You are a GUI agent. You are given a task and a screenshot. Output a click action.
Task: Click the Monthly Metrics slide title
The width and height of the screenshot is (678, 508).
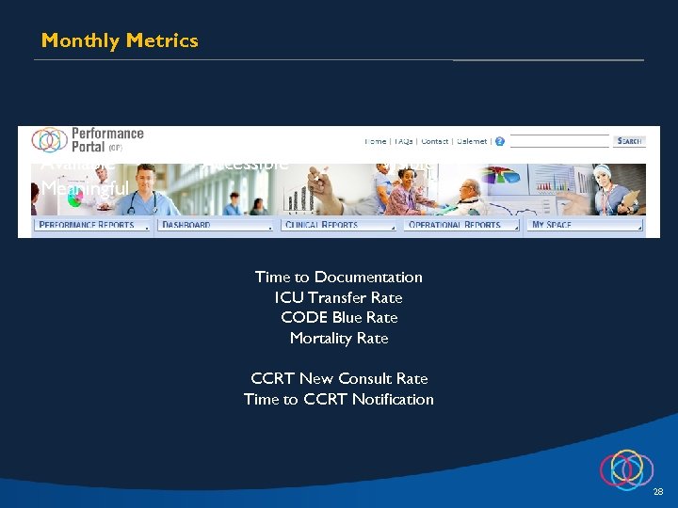point(120,40)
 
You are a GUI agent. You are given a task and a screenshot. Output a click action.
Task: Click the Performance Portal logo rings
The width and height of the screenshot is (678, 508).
point(49,140)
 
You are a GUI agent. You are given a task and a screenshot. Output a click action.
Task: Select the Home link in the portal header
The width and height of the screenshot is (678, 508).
point(375,141)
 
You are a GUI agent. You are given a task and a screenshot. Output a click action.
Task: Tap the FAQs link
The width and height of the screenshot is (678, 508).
point(403,141)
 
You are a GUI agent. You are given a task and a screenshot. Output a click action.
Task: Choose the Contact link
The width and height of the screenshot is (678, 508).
point(434,141)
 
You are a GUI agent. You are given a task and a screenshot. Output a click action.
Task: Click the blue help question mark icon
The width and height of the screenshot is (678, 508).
point(499,141)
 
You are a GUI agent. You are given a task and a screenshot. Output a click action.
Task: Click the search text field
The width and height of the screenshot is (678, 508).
point(559,141)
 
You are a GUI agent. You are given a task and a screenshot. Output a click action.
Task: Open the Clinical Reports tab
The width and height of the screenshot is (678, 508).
point(338,225)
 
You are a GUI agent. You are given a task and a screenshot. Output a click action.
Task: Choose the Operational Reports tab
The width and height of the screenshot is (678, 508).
point(461,225)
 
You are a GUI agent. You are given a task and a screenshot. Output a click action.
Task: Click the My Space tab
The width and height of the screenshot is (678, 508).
point(584,225)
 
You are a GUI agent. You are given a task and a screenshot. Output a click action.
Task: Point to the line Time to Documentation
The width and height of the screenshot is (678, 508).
point(339,277)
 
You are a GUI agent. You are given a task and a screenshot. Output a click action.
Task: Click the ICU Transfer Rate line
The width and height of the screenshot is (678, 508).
point(339,297)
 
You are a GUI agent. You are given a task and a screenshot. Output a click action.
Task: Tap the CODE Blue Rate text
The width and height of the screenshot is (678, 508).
point(339,317)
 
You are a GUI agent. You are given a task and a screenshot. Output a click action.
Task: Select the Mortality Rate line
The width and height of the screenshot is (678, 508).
point(339,338)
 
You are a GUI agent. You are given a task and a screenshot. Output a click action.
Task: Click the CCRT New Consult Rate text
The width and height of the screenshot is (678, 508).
point(339,378)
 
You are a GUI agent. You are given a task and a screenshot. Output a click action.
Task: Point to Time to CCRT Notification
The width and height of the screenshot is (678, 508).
point(339,399)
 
